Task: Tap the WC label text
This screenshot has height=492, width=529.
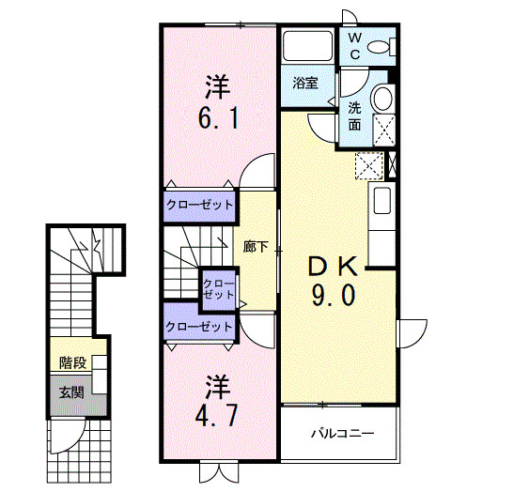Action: [355, 46]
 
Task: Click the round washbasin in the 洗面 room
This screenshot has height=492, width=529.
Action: [382, 98]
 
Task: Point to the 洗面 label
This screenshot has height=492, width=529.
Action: [355, 115]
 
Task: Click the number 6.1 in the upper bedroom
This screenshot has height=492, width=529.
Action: [218, 120]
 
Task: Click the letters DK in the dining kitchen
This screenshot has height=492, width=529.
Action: [334, 267]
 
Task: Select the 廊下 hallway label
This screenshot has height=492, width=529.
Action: [256, 247]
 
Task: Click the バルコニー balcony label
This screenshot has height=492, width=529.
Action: [341, 434]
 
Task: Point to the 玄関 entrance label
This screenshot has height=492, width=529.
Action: [70, 392]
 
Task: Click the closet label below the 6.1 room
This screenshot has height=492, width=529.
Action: [198, 204]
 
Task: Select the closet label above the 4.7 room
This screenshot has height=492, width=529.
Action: [198, 326]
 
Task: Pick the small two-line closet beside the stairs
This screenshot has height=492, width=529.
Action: [218, 288]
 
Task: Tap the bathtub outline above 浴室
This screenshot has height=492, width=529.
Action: [306, 46]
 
